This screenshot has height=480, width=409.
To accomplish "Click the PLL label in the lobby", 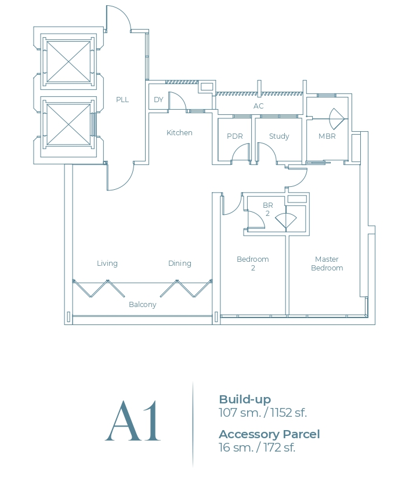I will (122, 99).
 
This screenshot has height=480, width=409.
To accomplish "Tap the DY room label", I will (158, 100).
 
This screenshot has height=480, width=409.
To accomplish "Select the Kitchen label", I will (179, 133).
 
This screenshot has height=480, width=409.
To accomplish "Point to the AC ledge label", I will (258, 106).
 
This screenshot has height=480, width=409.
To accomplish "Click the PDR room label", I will (234, 136).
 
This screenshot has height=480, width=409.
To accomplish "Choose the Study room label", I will (279, 136).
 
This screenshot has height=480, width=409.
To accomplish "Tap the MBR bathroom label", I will (327, 136).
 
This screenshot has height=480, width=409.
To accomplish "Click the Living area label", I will (107, 264).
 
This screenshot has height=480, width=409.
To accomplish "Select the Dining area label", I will (180, 264).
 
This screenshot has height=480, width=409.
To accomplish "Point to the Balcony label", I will (143, 305).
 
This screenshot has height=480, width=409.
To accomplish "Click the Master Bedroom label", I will (327, 264).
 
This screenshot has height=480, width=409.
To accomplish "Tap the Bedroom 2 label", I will (253, 264).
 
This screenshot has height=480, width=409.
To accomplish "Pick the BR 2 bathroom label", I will (267, 210).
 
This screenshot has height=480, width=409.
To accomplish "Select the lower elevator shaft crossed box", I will (68, 124).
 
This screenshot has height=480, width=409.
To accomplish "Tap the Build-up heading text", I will (245, 399).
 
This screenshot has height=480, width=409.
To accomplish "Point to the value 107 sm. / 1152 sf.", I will (263, 413).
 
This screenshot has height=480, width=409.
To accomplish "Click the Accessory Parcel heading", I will (269, 434).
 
